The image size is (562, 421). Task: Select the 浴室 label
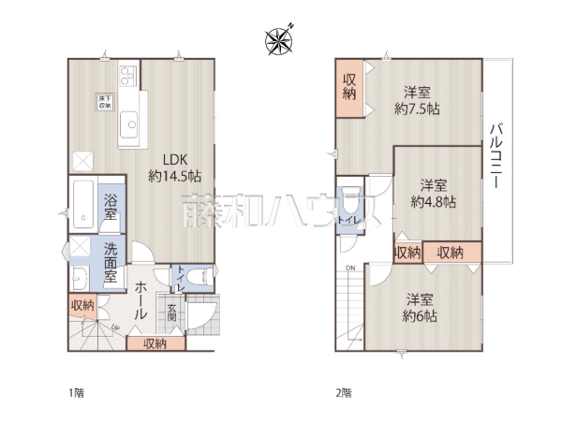(x=111, y=207)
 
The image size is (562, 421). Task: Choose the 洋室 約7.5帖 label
(x=417, y=100)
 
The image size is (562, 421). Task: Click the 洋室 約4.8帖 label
(x=434, y=193)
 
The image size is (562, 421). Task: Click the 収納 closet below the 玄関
(x=155, y=343)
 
